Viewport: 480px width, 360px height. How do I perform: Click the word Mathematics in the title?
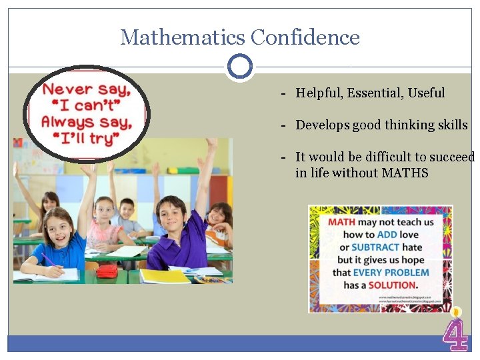click(181, 37)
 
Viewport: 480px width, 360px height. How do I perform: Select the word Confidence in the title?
click(305, 37)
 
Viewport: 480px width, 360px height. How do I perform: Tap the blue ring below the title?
click(239, 66)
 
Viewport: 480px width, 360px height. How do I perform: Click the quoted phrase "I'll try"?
click(85, 138)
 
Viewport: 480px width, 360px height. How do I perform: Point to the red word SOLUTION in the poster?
click(393, 285)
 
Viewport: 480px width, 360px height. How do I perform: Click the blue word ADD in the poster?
click(387, 234)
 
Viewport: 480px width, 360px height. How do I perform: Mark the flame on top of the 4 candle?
click(456, 311)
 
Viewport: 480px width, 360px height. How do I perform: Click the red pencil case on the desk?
click(107, 270)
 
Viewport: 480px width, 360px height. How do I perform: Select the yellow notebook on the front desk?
click(164, 275)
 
